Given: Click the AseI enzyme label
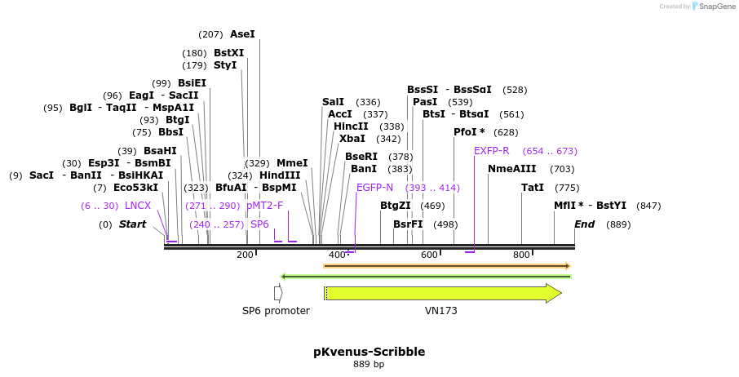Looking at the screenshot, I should [x=242, y=34].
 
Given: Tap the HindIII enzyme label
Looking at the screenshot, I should [x=280, y=175].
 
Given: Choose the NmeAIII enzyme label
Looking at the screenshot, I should [x=511, y=169].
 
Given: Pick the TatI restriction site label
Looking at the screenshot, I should [x=533, y=188].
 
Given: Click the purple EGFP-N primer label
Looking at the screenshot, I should [x=374, y=188].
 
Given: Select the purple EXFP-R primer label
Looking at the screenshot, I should [x=491, y=151].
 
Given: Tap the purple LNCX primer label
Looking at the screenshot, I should [x=138, y=206].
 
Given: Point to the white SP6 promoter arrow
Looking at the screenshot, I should [x=278, y=293].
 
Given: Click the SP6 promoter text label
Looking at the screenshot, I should [x=276, y=311].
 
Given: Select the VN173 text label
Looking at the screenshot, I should [x=440, y=311].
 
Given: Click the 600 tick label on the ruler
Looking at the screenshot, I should [x=429, y=255].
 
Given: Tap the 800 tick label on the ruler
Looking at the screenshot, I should [x=521, y=255].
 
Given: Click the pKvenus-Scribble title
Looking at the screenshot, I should [x=369, y=352].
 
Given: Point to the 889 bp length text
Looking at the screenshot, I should [x=369, y=364].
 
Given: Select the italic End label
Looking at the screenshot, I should [x=584, y=224].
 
